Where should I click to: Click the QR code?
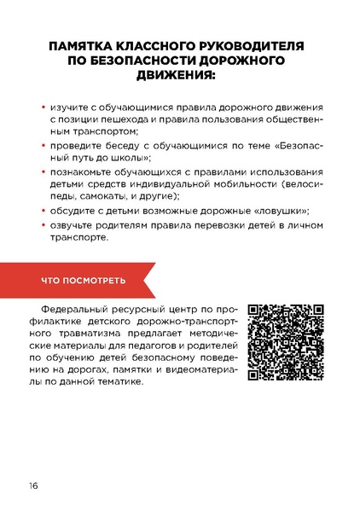coord(284,342)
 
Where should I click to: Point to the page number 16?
coord(32,486)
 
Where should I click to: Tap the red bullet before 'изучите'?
coord(45,108)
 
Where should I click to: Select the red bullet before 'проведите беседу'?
coord(45,146)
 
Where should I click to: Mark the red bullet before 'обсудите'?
coord(45,210)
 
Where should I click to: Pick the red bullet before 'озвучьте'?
coord(45,224)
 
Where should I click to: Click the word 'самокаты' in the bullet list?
coord(101,196)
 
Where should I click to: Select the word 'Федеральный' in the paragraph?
coord(79,311)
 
